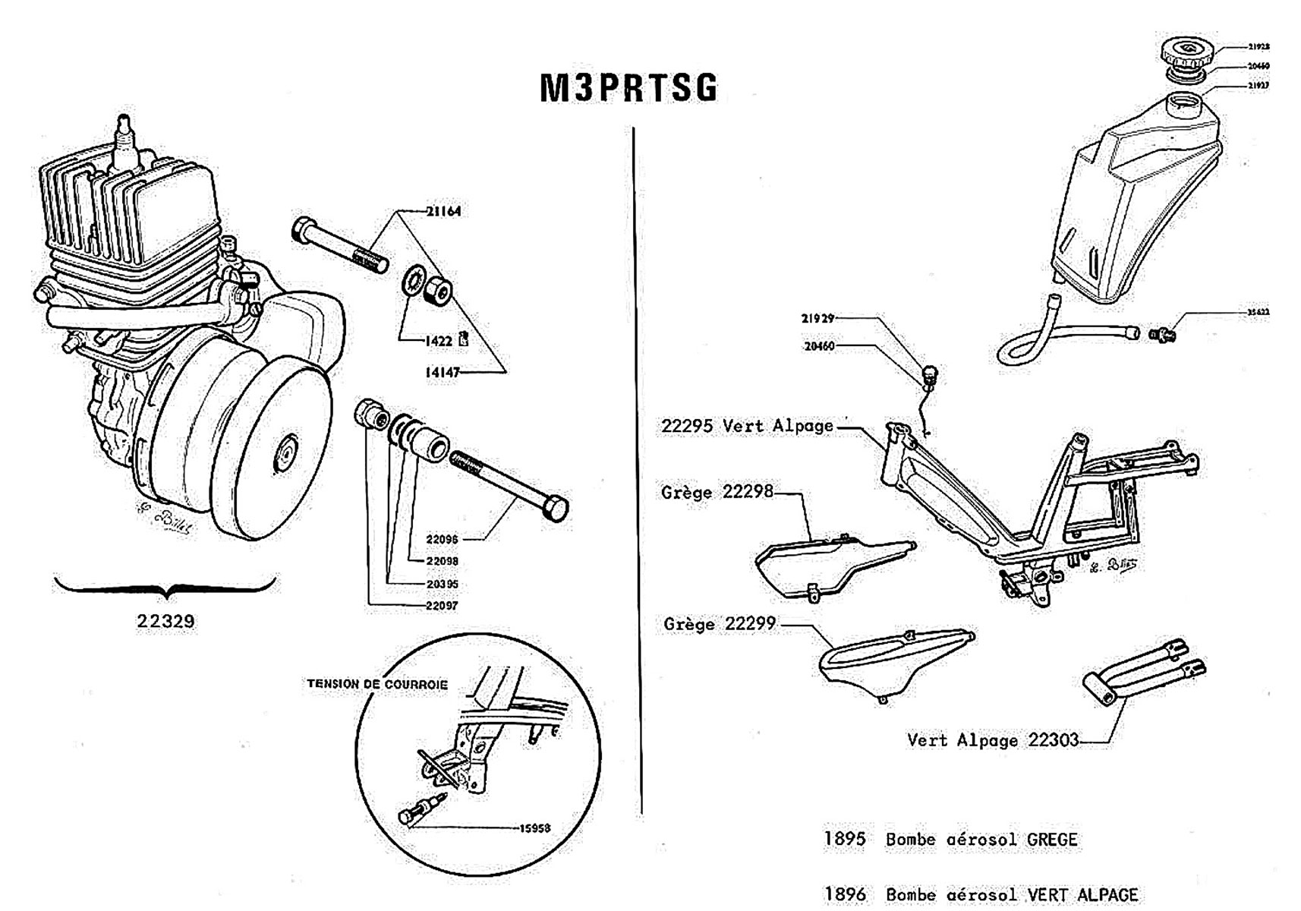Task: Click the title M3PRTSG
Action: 628,88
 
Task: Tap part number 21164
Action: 443,211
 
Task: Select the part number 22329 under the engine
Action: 165,621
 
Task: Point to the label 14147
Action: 442,372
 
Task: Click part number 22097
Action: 442,606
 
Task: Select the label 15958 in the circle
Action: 534,828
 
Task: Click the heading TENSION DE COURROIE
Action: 377,684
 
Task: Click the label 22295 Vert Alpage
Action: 747,426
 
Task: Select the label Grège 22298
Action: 717,492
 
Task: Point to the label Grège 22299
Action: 719,624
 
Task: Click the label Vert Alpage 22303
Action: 992,739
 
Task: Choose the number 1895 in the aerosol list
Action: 844,839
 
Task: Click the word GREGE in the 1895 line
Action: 1051,840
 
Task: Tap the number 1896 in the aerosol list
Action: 844,894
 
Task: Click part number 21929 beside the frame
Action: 817,318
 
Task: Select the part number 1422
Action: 439,341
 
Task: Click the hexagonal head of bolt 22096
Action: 558,509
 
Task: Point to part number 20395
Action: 442,584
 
